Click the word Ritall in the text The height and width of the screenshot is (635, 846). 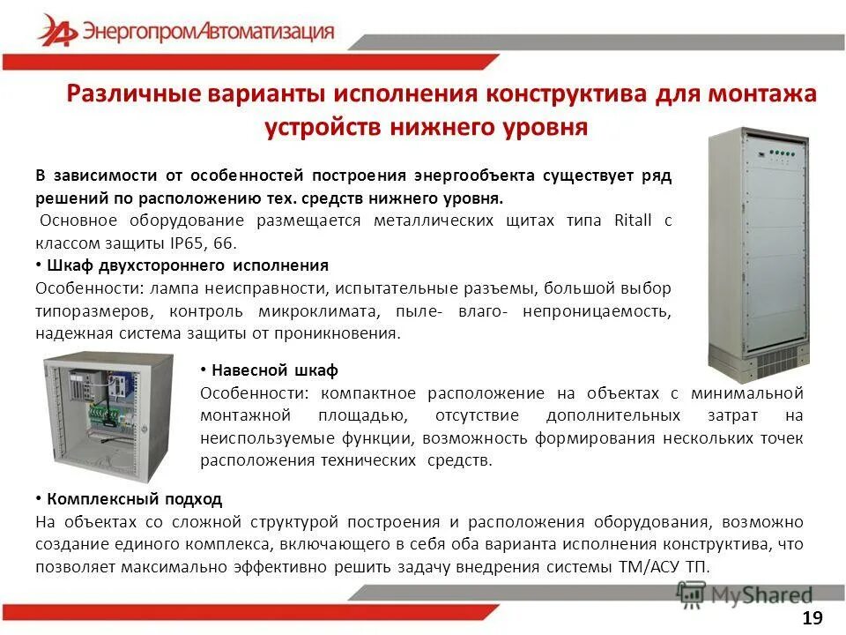point(632,220)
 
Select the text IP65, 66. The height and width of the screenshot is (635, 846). point(194,243)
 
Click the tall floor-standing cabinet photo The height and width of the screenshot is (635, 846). point(759,251)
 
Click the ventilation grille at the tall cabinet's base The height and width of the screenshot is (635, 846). point(775,362)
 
